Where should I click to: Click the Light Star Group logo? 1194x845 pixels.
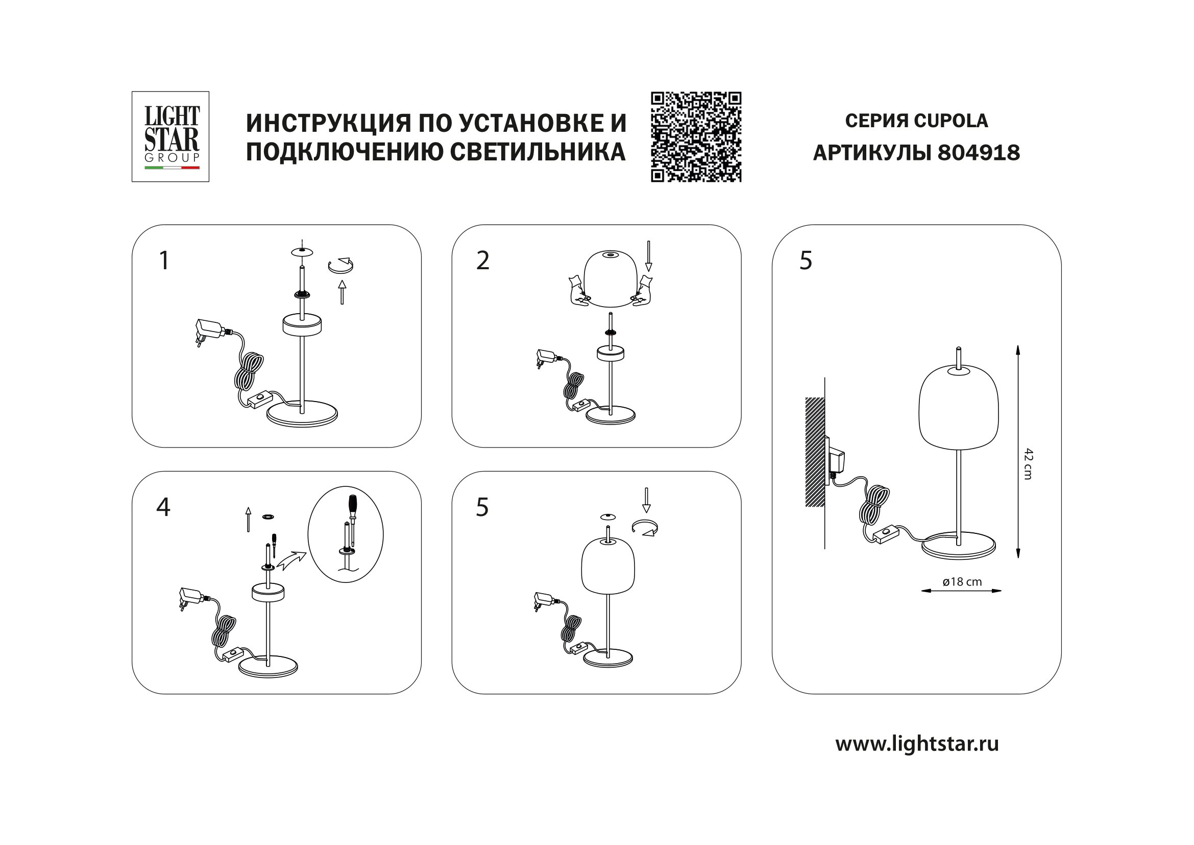click(x=170, y=136)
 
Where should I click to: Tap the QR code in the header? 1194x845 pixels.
click(x=696, y=137)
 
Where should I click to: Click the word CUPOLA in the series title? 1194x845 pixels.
click(x=951, y=121)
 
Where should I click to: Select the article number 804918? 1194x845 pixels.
click(x=978, y=153)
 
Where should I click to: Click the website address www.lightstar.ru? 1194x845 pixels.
click(x=917, y=743)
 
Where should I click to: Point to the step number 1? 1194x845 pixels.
click(x=164, y=260)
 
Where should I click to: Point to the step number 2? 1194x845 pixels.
click(x=482, y=260)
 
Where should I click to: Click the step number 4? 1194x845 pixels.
click(x=163, y=507)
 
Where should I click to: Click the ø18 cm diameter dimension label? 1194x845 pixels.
click(x=962, y=582)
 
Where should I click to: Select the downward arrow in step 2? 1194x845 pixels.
click(x=648, y=255)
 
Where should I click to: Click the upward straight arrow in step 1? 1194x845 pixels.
click(x=342, y=292)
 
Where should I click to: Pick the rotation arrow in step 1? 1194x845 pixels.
click(x=340, y=265)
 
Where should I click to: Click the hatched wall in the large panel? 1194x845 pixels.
click(x=815, y=452)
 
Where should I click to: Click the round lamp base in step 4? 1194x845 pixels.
click(x=268, y=668)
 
